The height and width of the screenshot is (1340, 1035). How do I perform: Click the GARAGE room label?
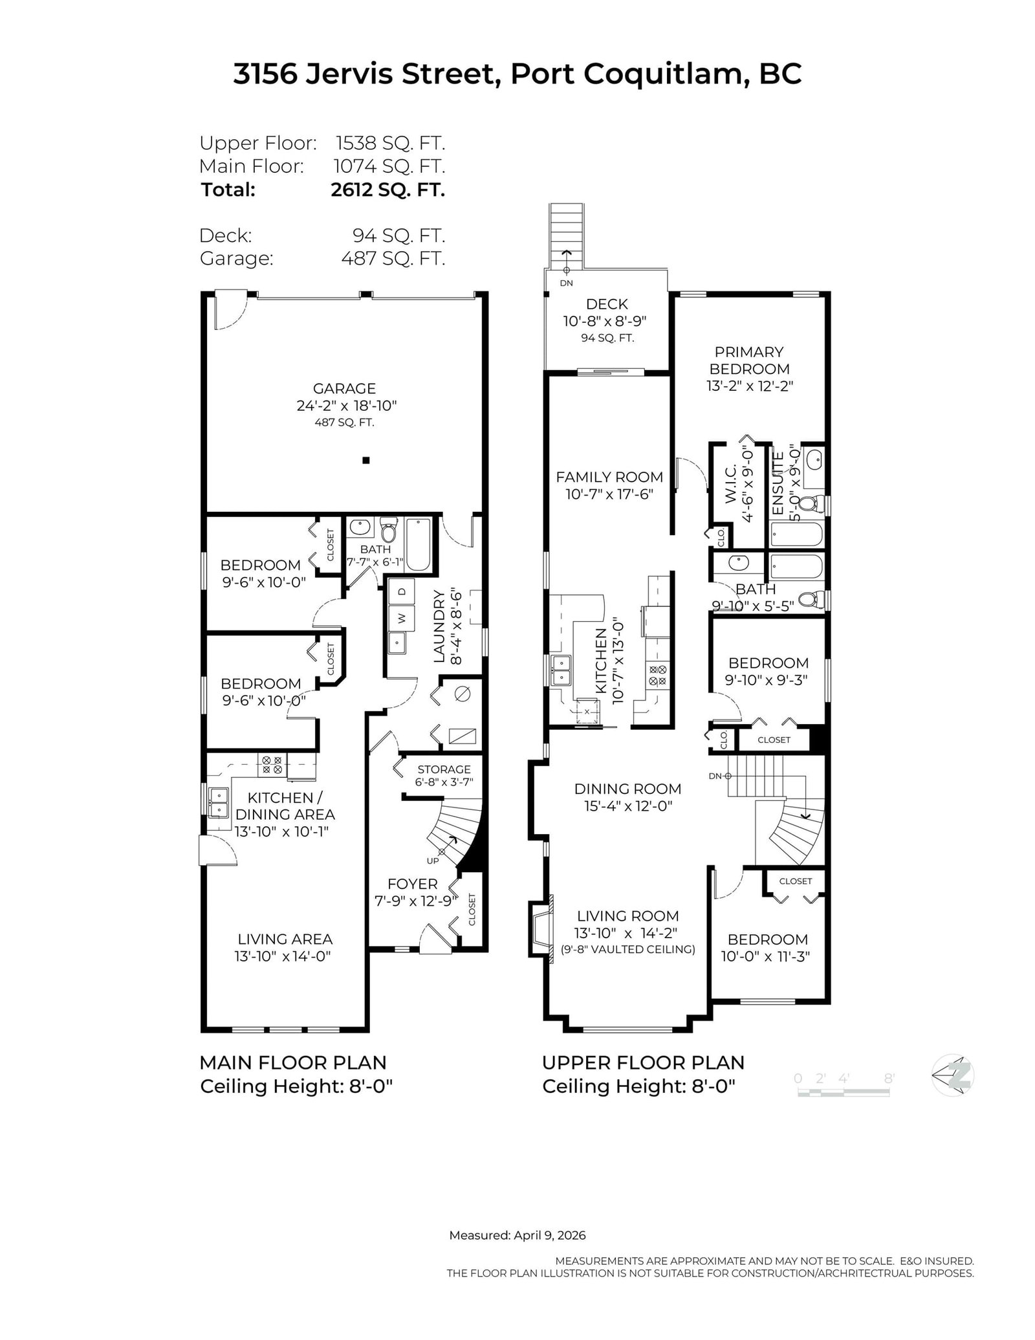[344, 389]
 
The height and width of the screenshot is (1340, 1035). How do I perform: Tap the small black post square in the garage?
[365, 461]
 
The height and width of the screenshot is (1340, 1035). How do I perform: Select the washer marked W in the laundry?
[401, 618]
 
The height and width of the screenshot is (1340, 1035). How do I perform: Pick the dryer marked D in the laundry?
[401, 591]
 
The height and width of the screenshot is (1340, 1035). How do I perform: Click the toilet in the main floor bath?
[388, 532]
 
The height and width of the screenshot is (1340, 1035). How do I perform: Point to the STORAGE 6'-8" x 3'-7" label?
[444, 775]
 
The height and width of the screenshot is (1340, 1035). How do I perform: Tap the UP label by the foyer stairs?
[432, 861]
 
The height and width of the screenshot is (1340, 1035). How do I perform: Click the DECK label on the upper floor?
[607, 304]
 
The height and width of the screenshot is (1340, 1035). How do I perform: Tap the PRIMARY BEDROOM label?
[749, 360]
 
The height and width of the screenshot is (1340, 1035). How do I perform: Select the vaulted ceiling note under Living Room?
[628, 950]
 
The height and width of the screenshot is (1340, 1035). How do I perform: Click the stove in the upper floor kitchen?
[657, 676]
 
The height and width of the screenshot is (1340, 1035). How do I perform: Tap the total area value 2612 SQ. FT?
[387, 190]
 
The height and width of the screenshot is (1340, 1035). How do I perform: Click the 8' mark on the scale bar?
[889, 1079]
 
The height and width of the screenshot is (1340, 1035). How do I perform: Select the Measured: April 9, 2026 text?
[517, 1235]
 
